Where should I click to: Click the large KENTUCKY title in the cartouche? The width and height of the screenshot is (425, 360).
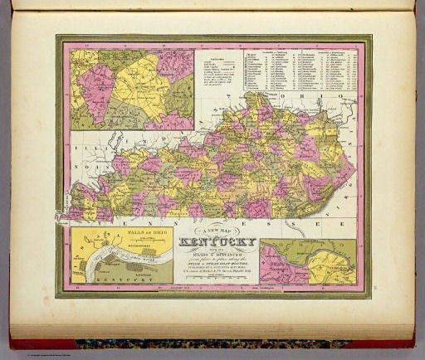[x=217, y=246]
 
